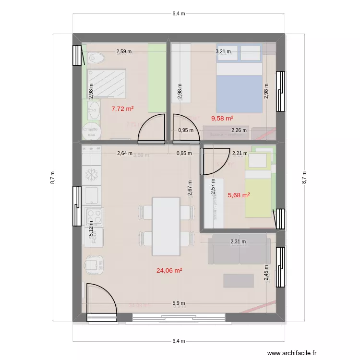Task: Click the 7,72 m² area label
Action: [122, 108]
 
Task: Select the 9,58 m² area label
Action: [222, 118]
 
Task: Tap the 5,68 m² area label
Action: [239, 195]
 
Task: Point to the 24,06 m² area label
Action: [169, 270]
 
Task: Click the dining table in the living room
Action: [166, 226]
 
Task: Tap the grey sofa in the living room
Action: [238, 250]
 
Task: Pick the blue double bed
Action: [239, 89]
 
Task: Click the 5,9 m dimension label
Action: [179, 303]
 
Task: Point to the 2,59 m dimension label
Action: [123, 51]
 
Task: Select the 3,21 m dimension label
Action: [223, 51]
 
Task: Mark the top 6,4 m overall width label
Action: [179, 14]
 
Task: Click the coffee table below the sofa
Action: [238, 280]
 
